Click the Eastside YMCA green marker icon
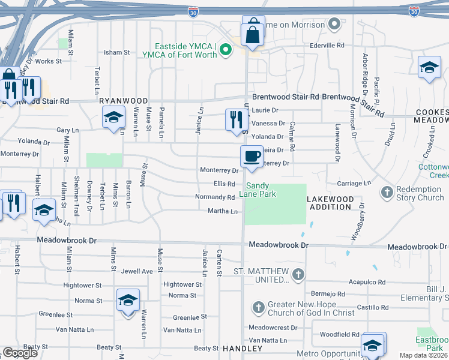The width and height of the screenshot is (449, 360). tap(226, 49)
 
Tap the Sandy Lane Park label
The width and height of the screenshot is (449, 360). tap(259, 190)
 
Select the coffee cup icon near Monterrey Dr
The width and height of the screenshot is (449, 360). tap(251, 156)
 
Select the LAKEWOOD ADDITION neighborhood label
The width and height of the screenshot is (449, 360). tap(330, 203)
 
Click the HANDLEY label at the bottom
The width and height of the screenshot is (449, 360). tap(243, 349)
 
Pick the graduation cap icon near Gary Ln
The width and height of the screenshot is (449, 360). tap(112, 118)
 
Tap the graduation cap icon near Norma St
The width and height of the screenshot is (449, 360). tap(128, 300)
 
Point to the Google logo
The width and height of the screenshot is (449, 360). tap(20, 353)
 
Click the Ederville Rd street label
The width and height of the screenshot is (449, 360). tap(327, 45)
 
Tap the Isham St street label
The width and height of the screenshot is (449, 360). tap(117, 53)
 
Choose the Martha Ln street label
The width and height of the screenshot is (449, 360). tap(223, 211)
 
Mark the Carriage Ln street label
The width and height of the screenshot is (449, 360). tap(355, 183)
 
